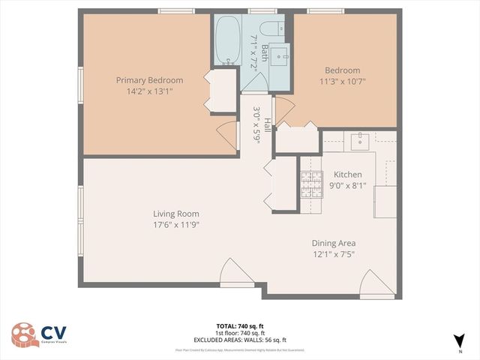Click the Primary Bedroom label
pos(149,80)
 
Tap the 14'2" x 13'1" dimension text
pos(149,92)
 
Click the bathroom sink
pos(279,54)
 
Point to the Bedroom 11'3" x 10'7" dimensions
pos(341,82)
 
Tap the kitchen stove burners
pos(310,184)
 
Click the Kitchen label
pos(347,174)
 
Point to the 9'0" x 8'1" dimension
pos(347,185)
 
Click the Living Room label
pos(176,213)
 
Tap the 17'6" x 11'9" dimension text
pos(176,224)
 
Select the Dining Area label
pos(334,243)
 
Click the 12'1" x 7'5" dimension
pos(334,254)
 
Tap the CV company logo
pos(36,334)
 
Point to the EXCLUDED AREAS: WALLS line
pos(240,339)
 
